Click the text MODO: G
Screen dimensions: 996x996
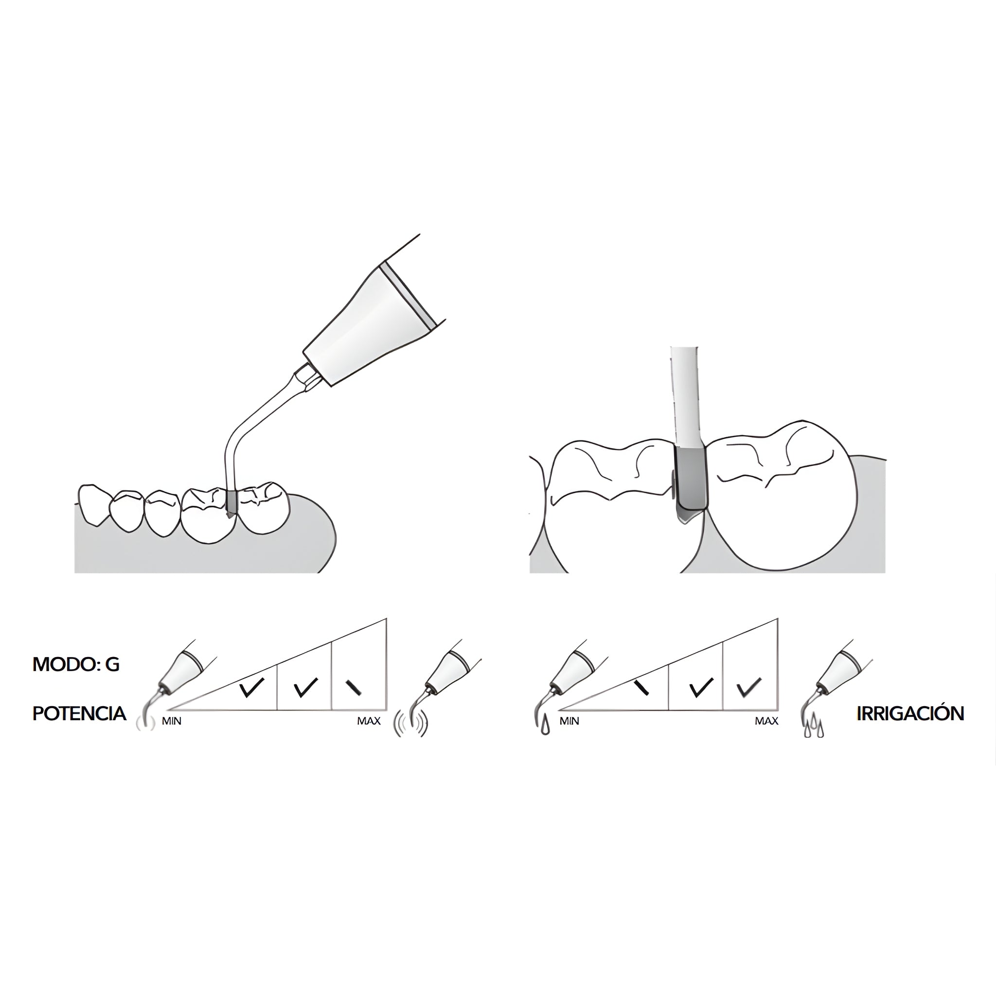click(x=76, y=664)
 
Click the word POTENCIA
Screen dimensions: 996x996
click(x=79, y=713)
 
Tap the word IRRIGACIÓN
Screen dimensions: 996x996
click(x=910, y=713)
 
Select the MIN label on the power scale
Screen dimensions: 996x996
click(x=172, y=721)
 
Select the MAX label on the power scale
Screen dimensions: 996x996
click(x=369, y=721)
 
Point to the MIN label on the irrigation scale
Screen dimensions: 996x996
click(x=569, y=721)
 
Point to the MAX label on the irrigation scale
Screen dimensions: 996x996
click(x=766, y=721)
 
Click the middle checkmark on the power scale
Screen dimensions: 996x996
click(x=305, y=688)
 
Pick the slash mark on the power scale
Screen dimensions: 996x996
click(x=354, y=688)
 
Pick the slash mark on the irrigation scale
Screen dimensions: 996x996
click(x=641, y=688)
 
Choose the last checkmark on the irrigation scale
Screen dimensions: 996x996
click(x=748, y=688)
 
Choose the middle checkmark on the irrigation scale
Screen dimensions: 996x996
click(x=701, y=688)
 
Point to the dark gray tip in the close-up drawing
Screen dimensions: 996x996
click(x=691, y=484)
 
